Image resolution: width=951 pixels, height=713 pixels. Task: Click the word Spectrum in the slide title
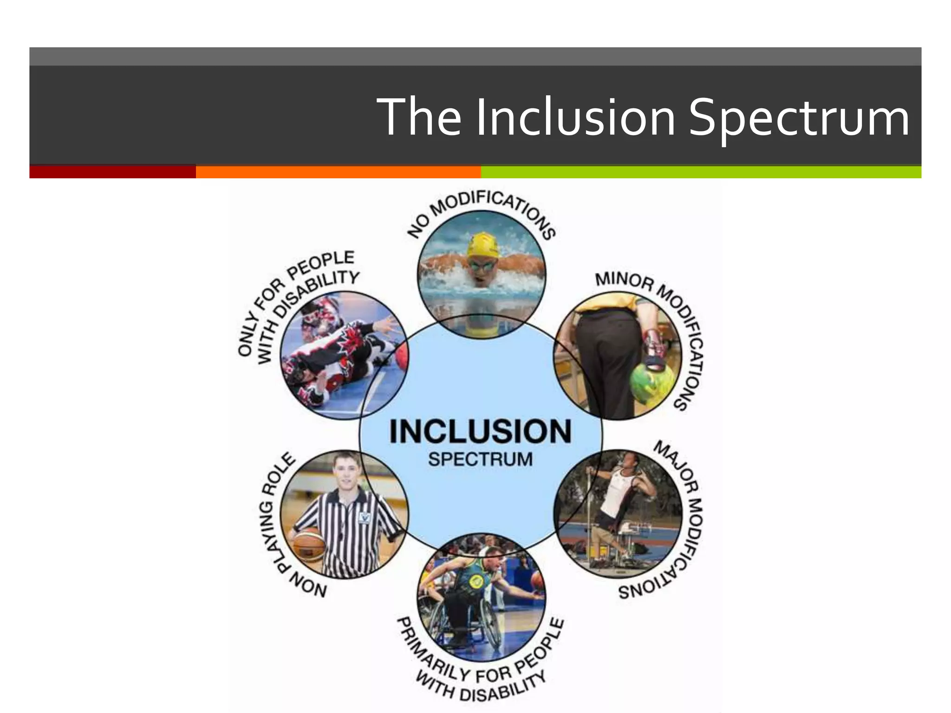[798, 118]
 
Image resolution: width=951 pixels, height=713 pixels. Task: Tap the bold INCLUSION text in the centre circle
[480, 431]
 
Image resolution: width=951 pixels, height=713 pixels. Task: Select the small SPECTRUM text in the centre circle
[480, 460]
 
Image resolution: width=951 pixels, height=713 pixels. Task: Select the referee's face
[345, 473]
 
